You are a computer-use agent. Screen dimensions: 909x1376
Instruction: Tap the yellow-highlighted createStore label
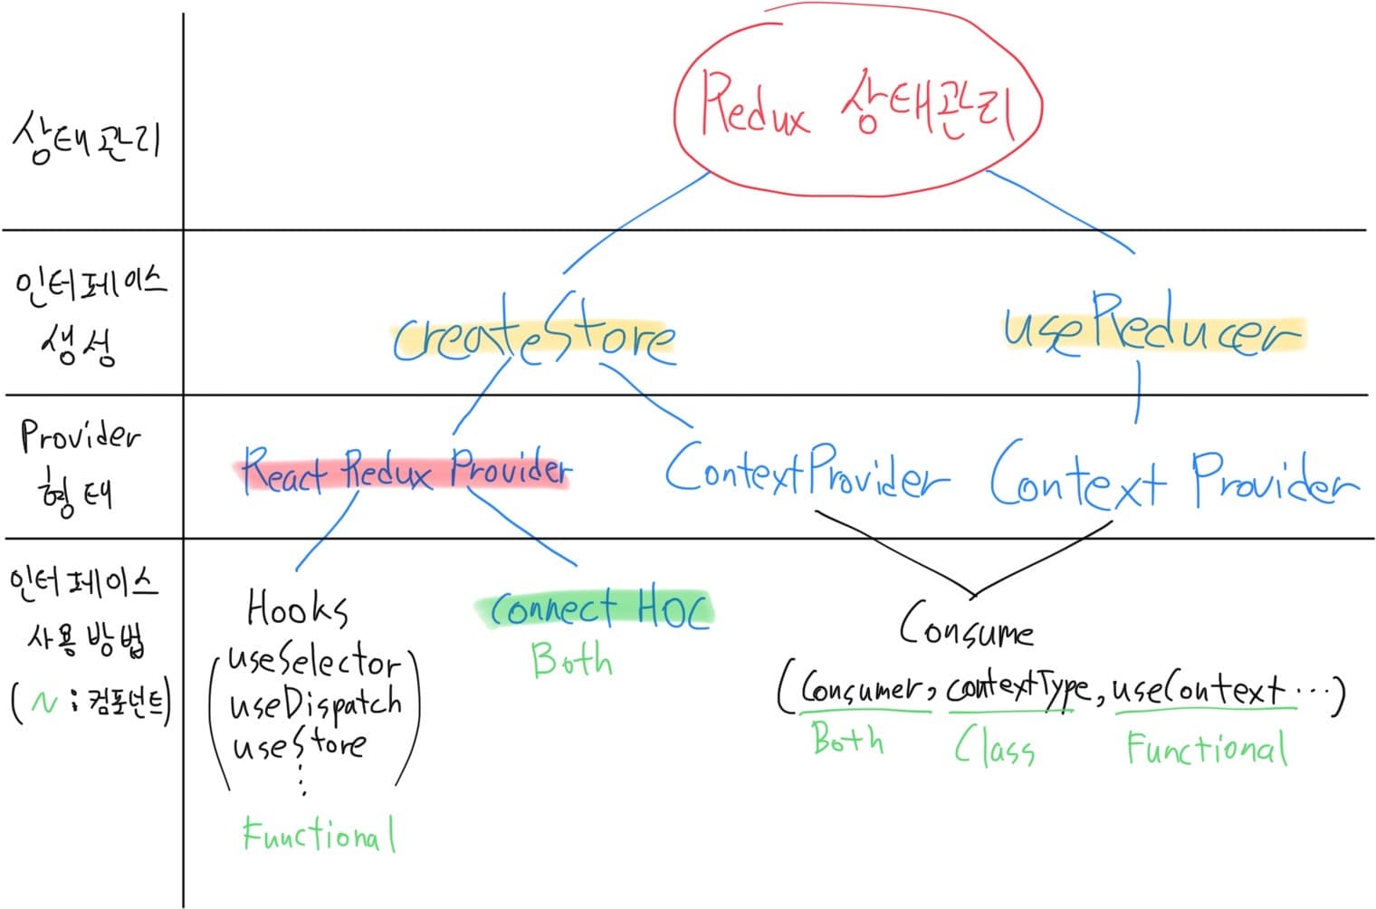[532, 338]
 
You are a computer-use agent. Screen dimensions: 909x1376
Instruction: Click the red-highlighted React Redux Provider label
[406, 471]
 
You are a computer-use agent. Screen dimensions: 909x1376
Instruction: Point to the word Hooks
[297, 608]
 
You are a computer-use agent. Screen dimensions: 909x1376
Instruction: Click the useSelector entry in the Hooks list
[312, 663]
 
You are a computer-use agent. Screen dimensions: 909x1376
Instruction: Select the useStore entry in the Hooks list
[299, 745]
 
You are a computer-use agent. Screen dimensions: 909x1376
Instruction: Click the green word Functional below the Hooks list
[319, 834]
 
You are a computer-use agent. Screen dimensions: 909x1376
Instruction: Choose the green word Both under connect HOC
[571, 660]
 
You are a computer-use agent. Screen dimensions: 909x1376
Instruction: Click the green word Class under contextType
[994, 748]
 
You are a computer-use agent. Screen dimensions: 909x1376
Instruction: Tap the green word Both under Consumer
[847, 739]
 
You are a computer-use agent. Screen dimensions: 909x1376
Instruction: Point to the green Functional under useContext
[1206, 749]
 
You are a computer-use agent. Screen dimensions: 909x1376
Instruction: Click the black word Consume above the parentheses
[966, 627]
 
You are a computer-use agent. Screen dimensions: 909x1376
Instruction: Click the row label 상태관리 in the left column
[86, 139]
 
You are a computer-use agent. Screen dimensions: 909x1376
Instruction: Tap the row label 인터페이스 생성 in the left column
[88, 312]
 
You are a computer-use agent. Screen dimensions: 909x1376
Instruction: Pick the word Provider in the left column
[80, 437]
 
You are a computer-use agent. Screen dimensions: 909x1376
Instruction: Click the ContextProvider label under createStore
[806, 471]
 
